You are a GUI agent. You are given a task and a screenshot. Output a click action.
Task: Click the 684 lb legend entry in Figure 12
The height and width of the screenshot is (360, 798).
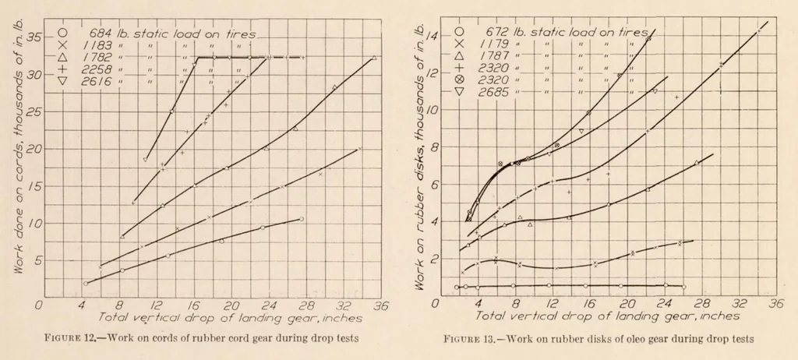pos(158,34)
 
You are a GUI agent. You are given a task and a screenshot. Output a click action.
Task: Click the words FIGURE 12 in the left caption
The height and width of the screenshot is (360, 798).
pos(69,338)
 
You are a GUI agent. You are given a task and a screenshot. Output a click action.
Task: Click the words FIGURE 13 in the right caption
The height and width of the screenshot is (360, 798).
pos(468,339)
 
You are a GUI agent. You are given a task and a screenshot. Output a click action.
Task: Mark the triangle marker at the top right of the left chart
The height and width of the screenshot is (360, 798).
pos(374,58)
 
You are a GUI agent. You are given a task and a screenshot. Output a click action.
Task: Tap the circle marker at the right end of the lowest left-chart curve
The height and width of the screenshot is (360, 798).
pos(302,219)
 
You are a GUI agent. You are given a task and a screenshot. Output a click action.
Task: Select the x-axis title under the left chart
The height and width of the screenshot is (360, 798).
pos(230,318)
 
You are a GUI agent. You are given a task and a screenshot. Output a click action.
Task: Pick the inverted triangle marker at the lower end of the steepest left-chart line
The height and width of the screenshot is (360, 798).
pos(146,160)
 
